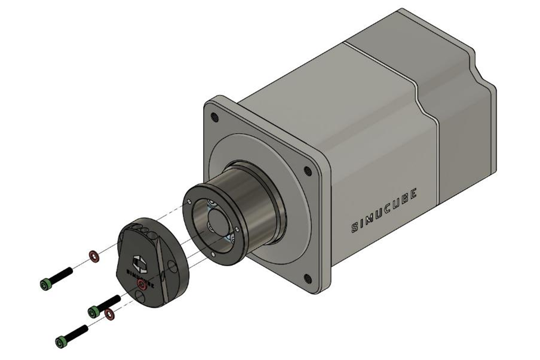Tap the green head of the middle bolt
(x=93, y=311)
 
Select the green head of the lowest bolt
(x=60, y=342)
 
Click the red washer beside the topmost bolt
(x=94, y=256)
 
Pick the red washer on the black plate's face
(x=142, y=285)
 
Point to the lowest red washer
(x=109, y=313)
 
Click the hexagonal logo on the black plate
(x=138, y=263)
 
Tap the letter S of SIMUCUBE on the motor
(x=355, y=227)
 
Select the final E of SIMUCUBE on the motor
(x=414, y=192)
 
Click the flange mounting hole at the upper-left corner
(x=216, y=118)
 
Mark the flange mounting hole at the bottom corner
(x=307, y=278)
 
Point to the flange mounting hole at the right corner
(x=308, y=171)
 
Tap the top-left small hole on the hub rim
(x=190, y=202)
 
